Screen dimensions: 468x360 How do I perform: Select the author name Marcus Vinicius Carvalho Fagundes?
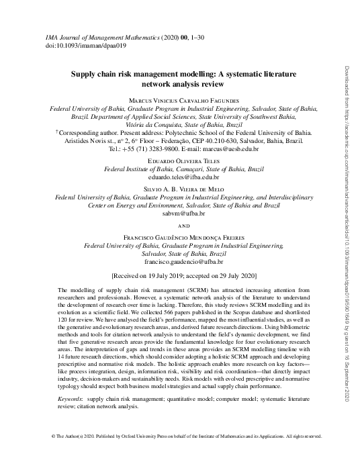183,99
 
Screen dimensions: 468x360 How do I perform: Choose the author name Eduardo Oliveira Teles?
183,162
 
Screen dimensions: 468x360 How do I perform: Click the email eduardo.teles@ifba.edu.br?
183,178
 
